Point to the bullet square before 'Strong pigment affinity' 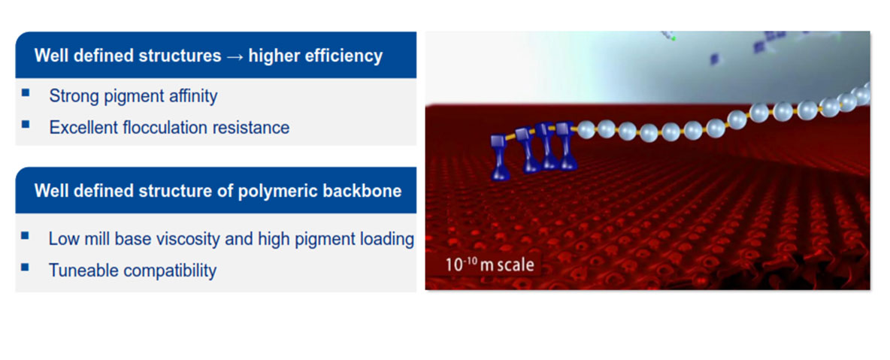pyautogui.click(x=26, y=92)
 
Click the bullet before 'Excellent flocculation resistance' pyautogui.click(x=26, y=123)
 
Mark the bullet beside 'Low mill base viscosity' pyautogui.click(x=26, y=234)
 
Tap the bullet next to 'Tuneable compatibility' pyautogui.click(x=26, y=266)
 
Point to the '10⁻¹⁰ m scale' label pyautogui.click(x=490, y=264)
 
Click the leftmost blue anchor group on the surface pyautogui.click(x=501, y=157)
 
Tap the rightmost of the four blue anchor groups pyautogui.click(x=567, y=147)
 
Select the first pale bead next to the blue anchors pyautogui.click(x=586, y=129)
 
